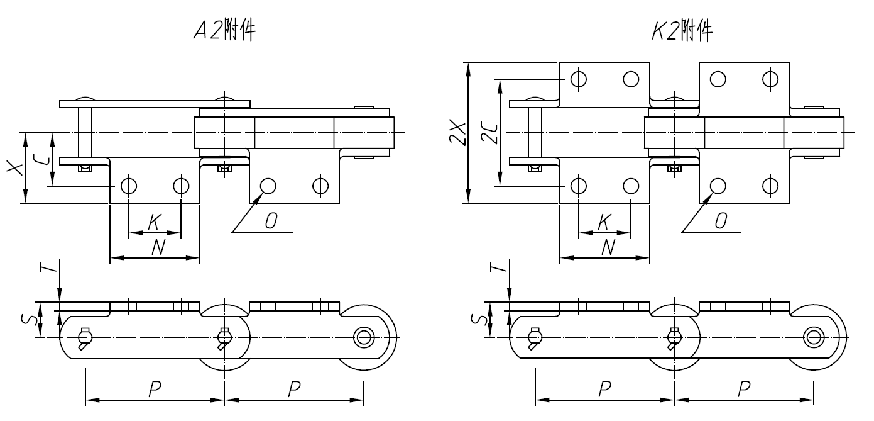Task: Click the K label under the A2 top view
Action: coord(155,222)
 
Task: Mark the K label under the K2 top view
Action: coord(604,222)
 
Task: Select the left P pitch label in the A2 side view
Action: coord(154,390)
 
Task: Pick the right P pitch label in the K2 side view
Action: coord(743,390)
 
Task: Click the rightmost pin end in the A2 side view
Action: coord(363,337)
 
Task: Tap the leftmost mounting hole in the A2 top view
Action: coord(129,186)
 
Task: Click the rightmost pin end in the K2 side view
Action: coord(813,337)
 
